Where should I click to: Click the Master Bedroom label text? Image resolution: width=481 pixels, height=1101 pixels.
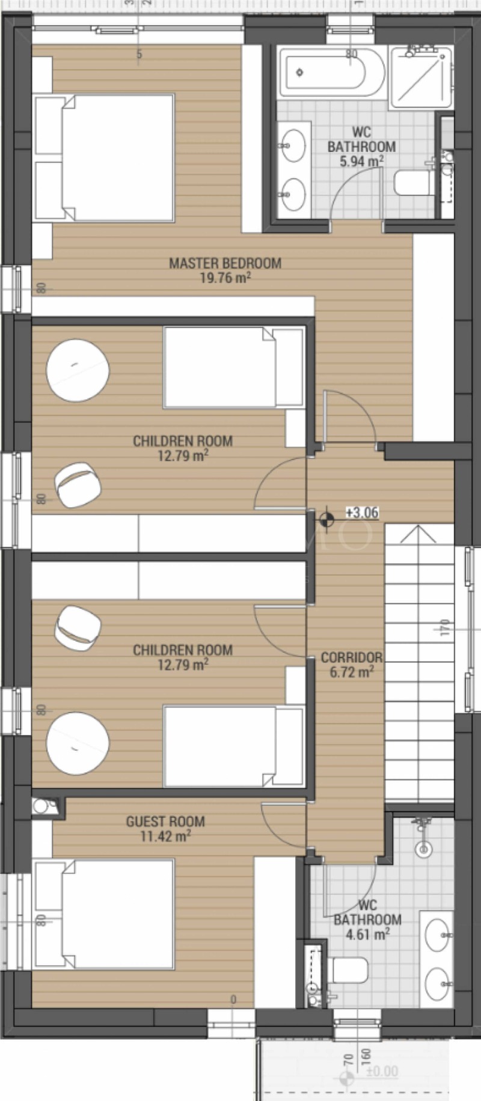[225, 263]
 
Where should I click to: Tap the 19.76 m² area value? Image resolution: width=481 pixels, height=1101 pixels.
[225, 278]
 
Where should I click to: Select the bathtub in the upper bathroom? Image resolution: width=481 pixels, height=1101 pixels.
[332, 73]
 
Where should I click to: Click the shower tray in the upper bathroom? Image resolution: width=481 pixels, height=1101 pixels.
[420, 76]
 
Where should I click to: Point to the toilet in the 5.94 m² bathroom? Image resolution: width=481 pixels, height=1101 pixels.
[414, 183]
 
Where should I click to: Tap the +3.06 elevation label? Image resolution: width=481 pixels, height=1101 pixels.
[362, 513]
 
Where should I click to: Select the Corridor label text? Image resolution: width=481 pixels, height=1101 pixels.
[352, 657]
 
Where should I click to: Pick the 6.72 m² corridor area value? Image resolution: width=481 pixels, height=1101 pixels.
[352, 672]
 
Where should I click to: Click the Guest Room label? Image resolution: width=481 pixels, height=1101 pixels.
[165, 822]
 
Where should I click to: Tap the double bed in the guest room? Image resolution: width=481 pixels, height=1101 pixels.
[105, 913]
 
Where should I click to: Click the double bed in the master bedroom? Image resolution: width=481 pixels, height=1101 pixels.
[105, 157]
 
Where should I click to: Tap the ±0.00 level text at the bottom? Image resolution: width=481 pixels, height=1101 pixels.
[381, 1072]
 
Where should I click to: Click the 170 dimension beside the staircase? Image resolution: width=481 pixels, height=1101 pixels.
[444, 629]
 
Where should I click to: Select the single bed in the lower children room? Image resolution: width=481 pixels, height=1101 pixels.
[233, 746]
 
